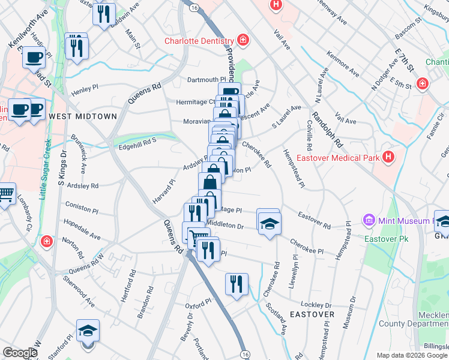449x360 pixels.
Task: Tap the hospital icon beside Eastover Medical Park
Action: pos(389,158)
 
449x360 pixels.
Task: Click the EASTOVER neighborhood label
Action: pos(312,314)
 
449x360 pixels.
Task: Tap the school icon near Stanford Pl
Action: pos(88,332)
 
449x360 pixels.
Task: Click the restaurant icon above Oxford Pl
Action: pos(237,284)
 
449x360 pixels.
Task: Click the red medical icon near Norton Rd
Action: pos(46,241)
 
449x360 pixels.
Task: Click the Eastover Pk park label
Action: pos(382,239)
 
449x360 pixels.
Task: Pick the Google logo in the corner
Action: pos(20,353)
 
